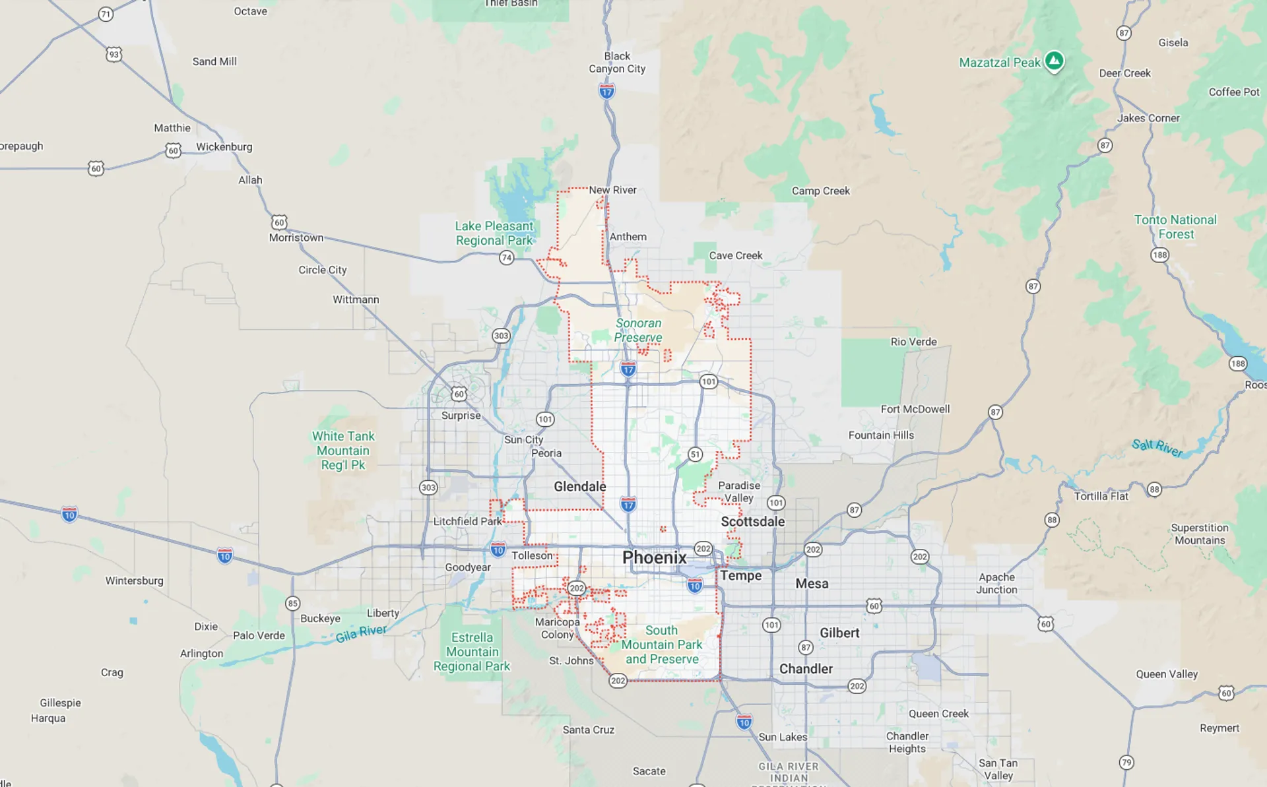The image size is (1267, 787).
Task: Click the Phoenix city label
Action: (654, 557)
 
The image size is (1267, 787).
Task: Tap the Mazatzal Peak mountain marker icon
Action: (1054, 61)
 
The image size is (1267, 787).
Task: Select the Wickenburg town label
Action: (224, 146)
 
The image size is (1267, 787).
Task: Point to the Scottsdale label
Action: (752, 521)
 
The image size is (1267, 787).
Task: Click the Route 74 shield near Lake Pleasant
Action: (506, 257)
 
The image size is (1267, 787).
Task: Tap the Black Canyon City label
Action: (617, 62)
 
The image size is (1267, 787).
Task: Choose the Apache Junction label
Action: (996, 583)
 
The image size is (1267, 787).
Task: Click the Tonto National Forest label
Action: (1175, 226)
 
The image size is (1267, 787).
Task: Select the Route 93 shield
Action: (114, 54)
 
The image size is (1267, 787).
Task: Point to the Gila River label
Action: (361, 633)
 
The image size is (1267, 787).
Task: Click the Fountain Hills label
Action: (881, 435)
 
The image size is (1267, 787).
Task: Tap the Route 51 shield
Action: (695, 454)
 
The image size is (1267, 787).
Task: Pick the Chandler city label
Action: (806, 668)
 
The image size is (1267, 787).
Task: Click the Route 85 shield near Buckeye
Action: (292, 603)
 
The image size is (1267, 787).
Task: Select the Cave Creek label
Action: (735, 255)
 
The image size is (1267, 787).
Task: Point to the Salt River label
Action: (1157, 447)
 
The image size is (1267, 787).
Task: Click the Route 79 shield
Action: (1126, 762)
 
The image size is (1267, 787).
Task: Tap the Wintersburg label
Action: (134, 581)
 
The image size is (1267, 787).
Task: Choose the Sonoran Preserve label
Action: (638, 330)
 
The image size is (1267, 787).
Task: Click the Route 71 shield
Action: (106, 14)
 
